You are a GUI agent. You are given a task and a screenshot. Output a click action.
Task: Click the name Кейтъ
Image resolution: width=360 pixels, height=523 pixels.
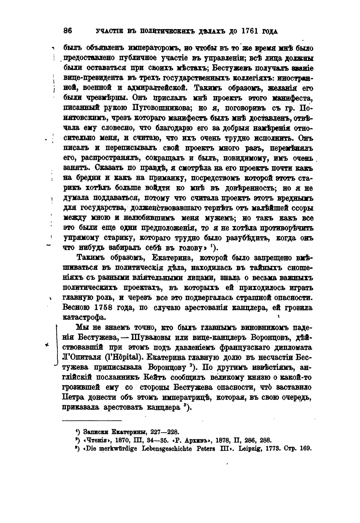point(188,377)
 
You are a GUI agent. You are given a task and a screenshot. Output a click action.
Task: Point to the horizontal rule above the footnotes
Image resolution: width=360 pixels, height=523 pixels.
point(92,421)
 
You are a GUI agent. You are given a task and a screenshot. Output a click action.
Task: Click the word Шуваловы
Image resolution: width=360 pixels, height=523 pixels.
point(149,337)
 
